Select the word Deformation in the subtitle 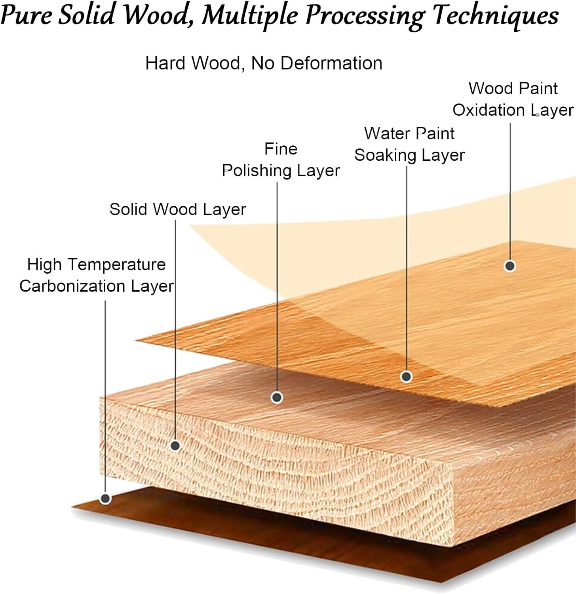tap(331, 63)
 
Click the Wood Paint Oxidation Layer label tap(513, 99)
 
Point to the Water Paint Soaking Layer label tap(409, 145)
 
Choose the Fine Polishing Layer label tap(281, 160)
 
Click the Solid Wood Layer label tap(177, 209)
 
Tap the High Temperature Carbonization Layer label tap(96, 275)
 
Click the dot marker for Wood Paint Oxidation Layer tap(510, 266)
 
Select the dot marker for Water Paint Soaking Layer tap(407, 377)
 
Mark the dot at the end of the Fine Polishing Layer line tap(277, 397)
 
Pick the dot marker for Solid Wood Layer tap(175, 445)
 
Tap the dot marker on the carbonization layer tap(105, 499)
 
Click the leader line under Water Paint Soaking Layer tap(407, 269)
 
